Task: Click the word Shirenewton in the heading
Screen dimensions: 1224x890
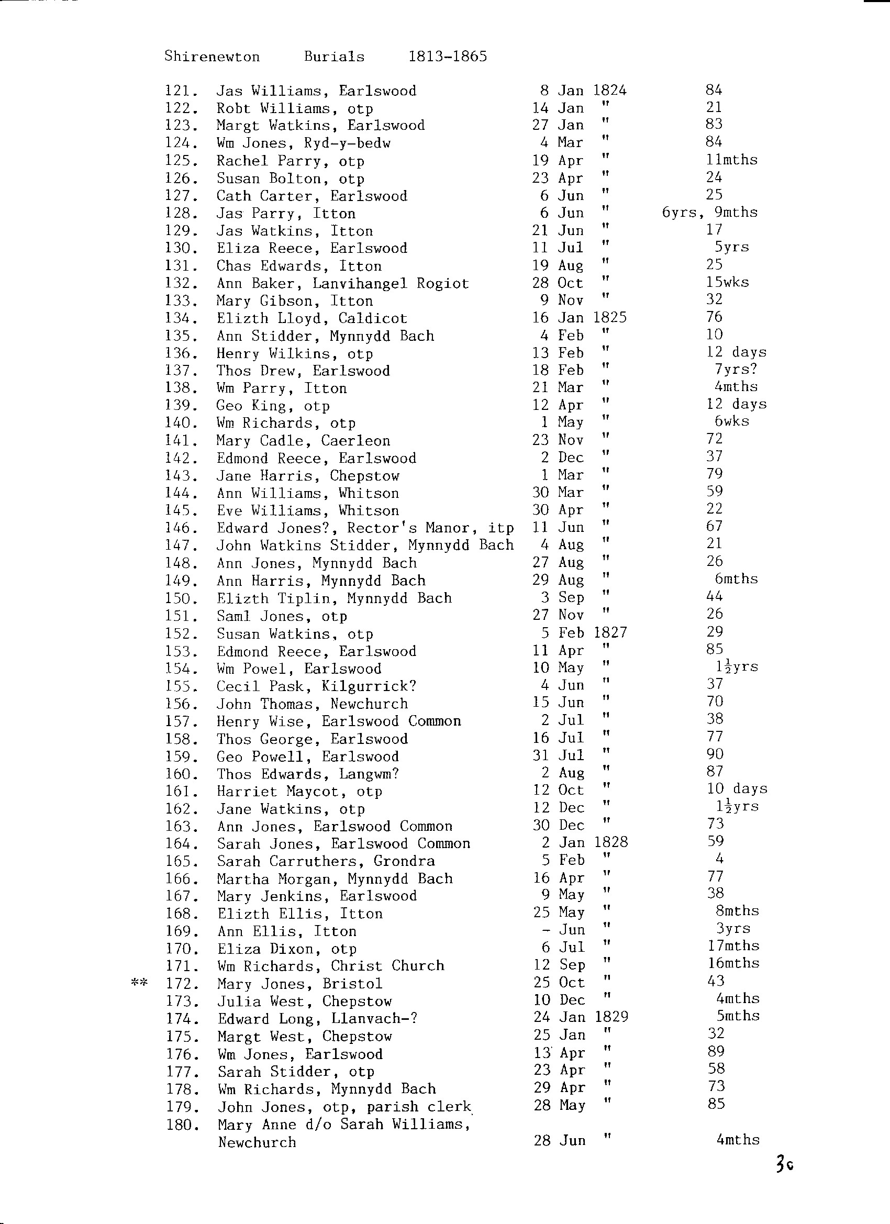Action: [212, 57]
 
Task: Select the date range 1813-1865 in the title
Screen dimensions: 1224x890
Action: [448, 57]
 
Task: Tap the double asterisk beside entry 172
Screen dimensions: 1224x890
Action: [139, 983]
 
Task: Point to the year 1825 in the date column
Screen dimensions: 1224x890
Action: [610, 317]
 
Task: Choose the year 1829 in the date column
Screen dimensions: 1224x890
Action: [611, 1017]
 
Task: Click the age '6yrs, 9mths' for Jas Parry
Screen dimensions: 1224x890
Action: [710, 213]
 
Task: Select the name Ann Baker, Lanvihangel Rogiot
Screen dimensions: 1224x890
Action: [343, 283]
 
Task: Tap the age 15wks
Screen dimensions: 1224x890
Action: [728, 282]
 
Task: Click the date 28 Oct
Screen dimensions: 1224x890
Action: [558, 283]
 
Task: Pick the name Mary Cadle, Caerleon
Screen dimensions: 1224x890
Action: [303, 440]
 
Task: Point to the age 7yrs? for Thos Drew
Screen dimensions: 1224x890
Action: [736, 370]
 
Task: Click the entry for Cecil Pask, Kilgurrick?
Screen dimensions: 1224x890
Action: [316, 686]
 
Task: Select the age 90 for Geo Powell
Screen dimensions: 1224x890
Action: [715, 754]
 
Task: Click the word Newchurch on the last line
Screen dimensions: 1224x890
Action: [257, 1142]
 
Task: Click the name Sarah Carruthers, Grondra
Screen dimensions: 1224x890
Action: [326, 861]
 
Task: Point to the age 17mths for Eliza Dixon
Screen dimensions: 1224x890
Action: [733, 946]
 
